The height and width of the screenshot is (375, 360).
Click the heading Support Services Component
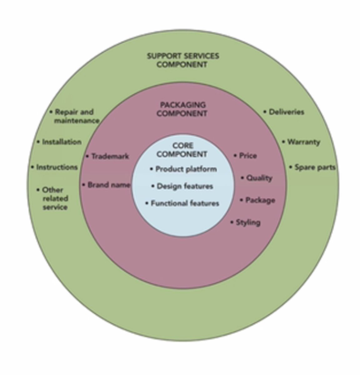coord(183,60)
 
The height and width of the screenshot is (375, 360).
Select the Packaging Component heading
coord(182,109)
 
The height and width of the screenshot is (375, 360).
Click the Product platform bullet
coord(186,169)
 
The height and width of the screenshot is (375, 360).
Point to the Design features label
coord(185,186)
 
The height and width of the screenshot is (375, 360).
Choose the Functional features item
coord(185,203)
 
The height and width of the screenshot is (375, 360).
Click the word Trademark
coord(110,156)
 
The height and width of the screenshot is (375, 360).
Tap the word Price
coord(248,155)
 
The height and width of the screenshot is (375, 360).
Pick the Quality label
coord(259,178)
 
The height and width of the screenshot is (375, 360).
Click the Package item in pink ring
coord(260,200)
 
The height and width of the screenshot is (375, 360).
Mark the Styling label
coord(248,222)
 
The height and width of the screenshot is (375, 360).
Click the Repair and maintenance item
coord(76,116)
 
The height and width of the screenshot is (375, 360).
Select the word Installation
coord(62,142)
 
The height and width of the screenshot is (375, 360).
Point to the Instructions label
coord(57,167)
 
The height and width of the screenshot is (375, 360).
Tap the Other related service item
coord(55,198)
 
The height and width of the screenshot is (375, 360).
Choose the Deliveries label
coord(286,112)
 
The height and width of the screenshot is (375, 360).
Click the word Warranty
coord(303,142)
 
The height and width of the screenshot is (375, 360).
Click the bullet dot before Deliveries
coord(265,112)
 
